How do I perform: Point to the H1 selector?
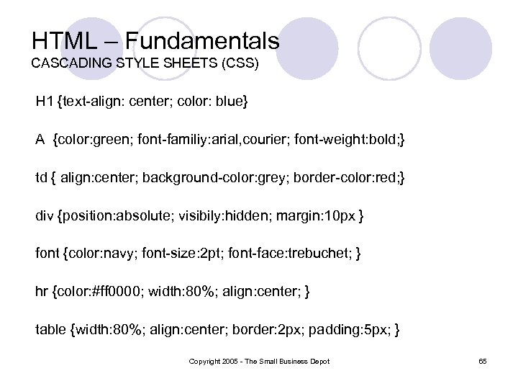tap(45, 102)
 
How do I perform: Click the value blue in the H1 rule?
tap(232, 102)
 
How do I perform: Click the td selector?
tap(42, 177)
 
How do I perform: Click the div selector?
tap(45, 215)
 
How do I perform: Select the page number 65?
tap(482, 361)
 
